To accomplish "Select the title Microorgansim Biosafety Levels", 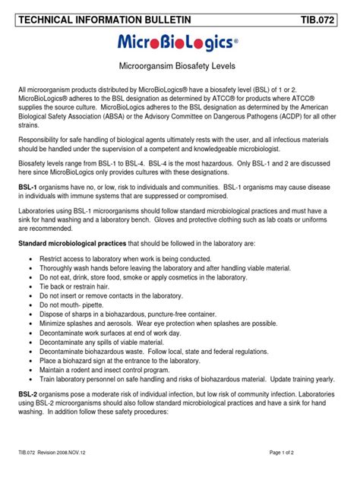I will click(180, 68).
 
